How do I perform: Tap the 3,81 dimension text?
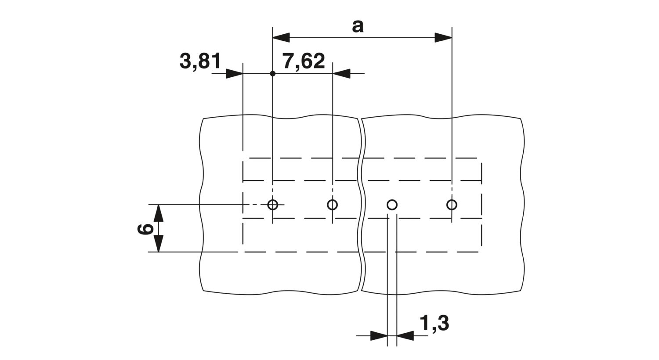tap(200, 61)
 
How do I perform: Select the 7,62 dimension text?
tap(304, 61)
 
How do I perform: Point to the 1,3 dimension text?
tap(434, 324)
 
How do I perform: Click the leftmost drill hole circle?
tap(273, 204)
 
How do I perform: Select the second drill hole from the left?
tap(333, 204)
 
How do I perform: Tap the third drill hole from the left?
tap(392, 205)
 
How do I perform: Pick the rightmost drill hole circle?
tap(452, 204)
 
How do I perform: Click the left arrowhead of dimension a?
tap(281, 38)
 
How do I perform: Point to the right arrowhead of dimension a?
tap(443, 38)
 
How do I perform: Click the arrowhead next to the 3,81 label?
tap(235, 73)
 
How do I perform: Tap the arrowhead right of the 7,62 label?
tap(341, 73)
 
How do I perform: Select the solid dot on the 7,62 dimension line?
tap(273, 73)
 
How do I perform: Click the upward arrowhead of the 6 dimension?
tap(159, 213)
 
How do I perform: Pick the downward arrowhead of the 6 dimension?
tap(159, 243)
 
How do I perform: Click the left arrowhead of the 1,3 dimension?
tap(379, 335)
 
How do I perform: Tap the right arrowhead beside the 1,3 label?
tap(406, 335)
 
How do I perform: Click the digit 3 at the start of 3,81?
tap(185, 61)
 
